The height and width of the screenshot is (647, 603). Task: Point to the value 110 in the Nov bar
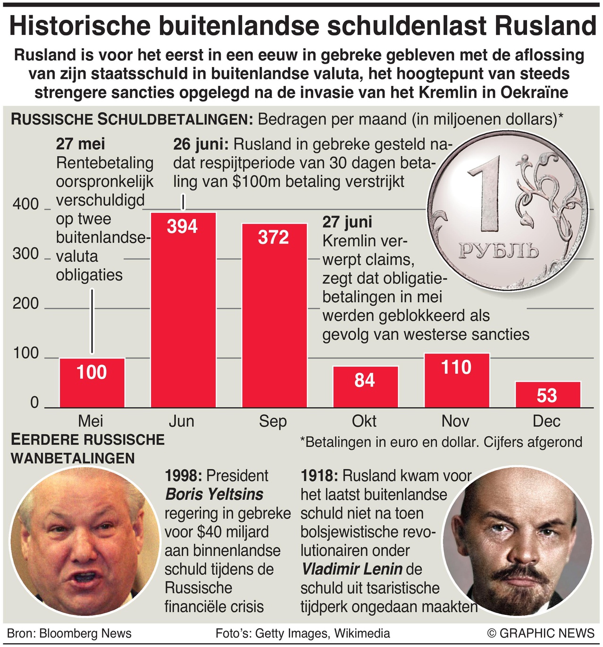456,367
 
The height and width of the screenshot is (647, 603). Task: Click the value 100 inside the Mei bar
92,372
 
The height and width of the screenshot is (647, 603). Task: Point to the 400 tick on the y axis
25,204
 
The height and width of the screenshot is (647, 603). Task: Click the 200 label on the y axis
25,303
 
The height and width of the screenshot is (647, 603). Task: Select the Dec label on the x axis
546,421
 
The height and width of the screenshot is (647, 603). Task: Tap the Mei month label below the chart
91,421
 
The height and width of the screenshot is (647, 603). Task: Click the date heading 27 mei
80,144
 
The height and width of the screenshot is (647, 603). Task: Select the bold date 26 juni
201,144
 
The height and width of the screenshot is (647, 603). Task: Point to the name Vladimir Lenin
352,569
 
